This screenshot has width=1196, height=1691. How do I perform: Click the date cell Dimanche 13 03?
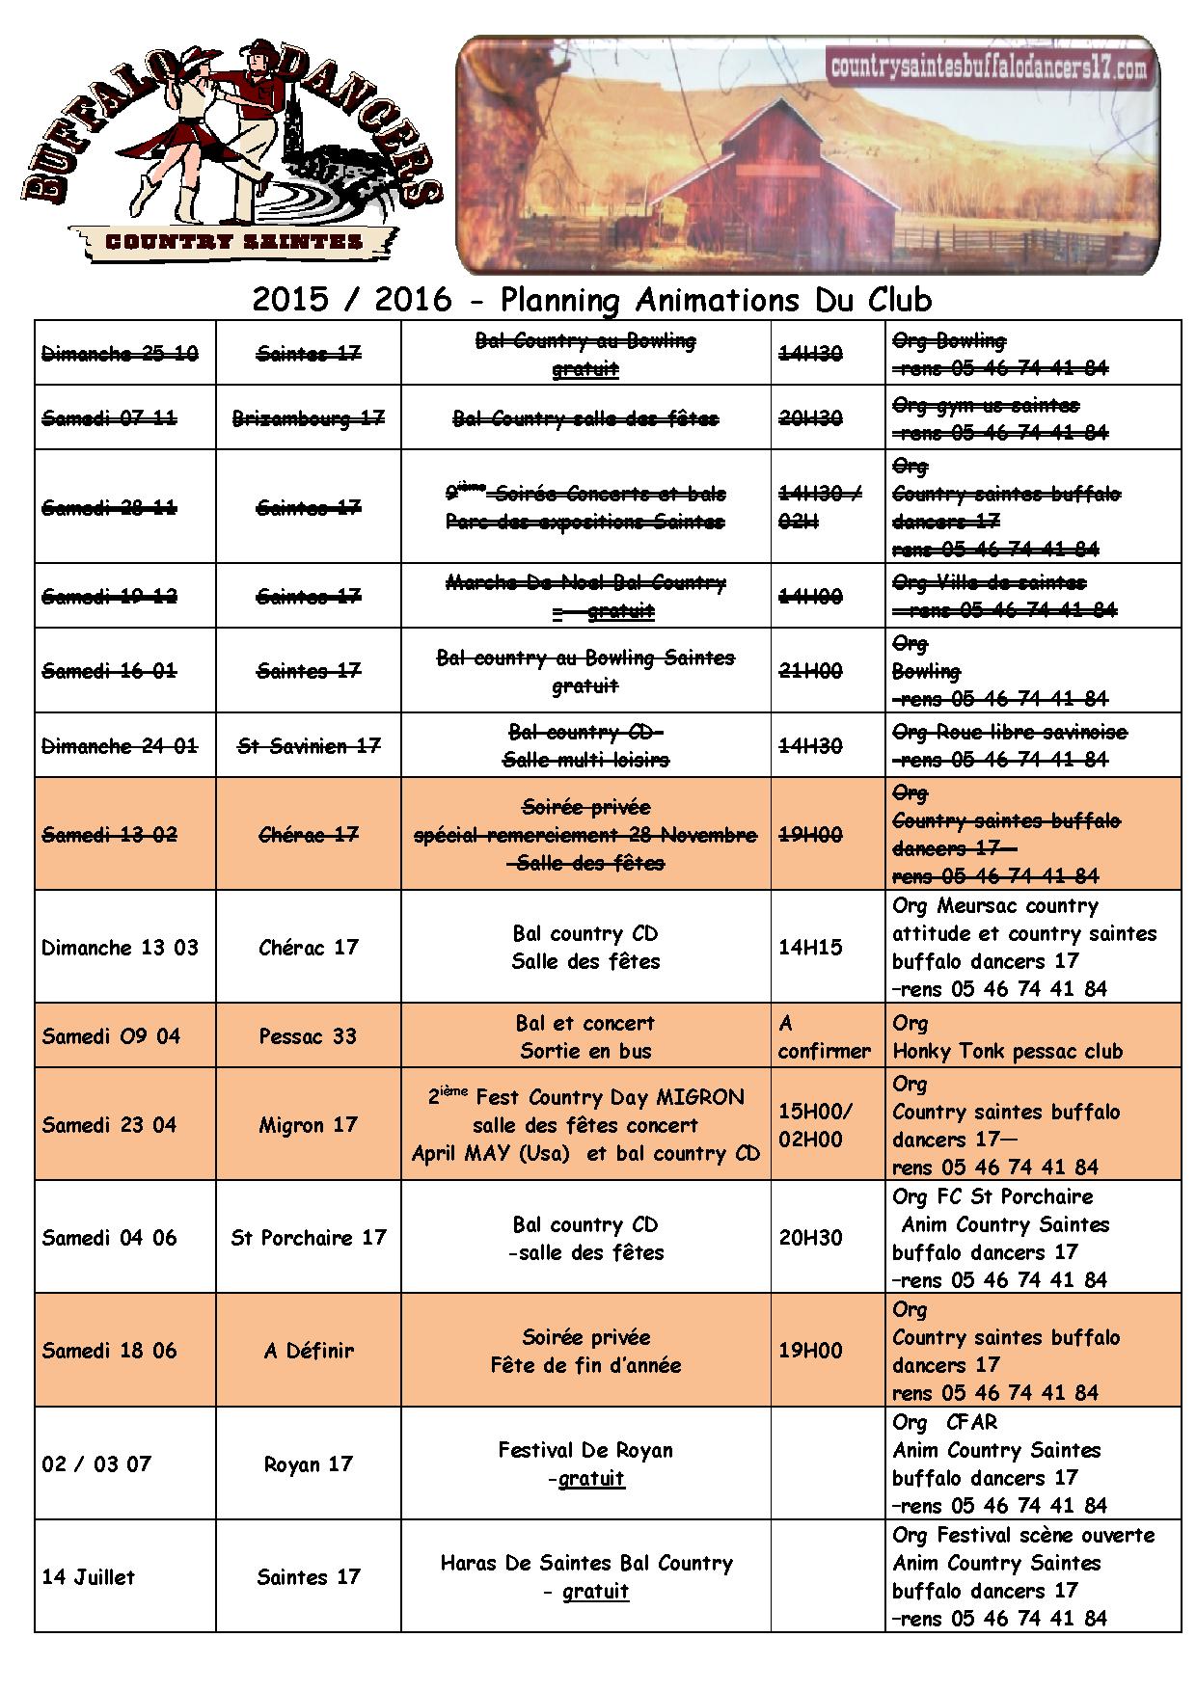pyautogui.click(x=120, y=947)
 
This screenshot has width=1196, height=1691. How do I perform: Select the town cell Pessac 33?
pyautogui.click(x=308, y=1036)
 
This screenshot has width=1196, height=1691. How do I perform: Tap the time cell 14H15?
pyautogui.click(x=810, y=947)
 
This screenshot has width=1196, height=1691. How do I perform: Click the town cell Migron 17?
pyautogui.click(x=308, y=1125)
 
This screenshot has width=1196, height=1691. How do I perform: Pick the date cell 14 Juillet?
pyautogui.click(x=89, y=1577)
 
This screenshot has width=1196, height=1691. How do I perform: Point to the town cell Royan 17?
pyautogui.click(x=308, y=1464)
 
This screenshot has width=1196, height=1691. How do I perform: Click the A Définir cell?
pyautogui.click(x=308, y=1351)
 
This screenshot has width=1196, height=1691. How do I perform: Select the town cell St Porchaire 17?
pyautogui.click(x=308, y=1238)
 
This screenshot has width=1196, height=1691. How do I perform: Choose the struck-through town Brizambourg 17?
pyautogui.click(x=308, y=418)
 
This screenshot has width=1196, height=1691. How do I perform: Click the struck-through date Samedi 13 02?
pyautogui.click(x=109, y=834)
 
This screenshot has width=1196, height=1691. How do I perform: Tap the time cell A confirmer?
pyautogui.click(x=824, y=1036)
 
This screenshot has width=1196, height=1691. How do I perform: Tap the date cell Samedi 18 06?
pyautogui.click(x=109, y=1351)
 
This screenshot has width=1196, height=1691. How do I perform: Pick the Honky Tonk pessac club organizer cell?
pyautogui.click(x=1007, y=1051)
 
